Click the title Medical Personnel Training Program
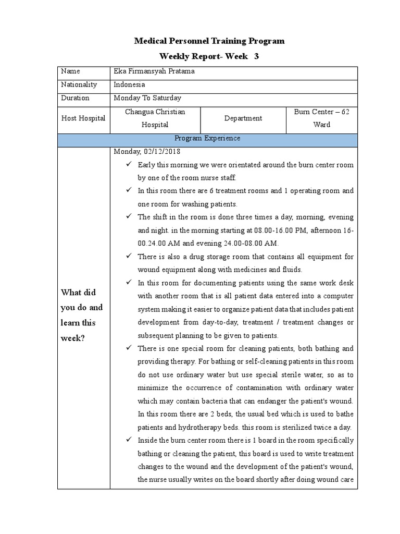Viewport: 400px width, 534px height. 209,41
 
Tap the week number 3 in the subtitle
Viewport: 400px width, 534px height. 256,56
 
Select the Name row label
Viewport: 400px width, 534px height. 70,71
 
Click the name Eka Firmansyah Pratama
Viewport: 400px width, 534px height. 154,71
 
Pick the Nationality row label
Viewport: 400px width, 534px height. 79,84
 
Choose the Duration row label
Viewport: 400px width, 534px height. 75,98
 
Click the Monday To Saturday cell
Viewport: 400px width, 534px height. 147,98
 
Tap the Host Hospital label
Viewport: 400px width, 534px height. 83,118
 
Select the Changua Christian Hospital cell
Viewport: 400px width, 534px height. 155,118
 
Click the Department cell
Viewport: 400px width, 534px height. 243,118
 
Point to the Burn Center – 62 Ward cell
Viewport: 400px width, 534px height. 322,118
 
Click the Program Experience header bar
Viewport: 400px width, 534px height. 207,139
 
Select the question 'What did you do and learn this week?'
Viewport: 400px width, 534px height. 82,315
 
